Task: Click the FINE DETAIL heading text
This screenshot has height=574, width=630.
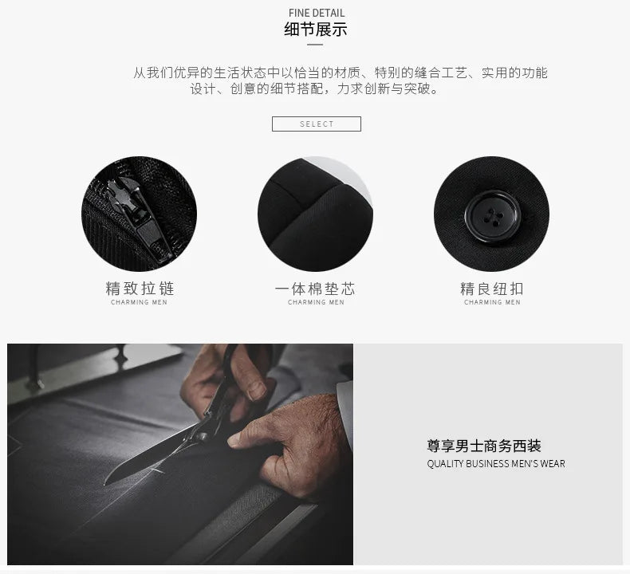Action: (x=317, y=13)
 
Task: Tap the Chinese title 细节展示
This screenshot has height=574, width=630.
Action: (x=316, y=29)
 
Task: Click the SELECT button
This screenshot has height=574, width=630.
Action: (x=317, y=124)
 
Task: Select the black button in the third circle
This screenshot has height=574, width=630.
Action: (x=492, y=217)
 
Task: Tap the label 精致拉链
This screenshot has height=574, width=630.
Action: (x=140, y=289)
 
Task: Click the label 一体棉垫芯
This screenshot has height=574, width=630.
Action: (x=316, y=289)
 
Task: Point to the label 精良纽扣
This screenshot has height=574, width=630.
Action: (x=492, y=289)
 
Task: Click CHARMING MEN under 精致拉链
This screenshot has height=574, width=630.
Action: (x=139, y=302)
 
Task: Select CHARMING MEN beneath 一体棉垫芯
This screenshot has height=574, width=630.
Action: (x=317, y=302)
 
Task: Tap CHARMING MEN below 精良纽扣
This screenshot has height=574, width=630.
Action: (x=492, y=302)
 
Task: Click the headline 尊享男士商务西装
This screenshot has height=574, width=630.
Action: (x=484, y=446)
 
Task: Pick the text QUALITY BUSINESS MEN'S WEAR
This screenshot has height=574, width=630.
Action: (x=496, y=463)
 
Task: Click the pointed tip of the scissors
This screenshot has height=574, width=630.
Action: (x=105, y=483)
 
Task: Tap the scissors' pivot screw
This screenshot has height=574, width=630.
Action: (x=200, y=435)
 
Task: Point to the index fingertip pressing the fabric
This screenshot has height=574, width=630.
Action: (x=233, y=442)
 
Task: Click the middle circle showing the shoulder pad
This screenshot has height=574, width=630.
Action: (x=315, y=214)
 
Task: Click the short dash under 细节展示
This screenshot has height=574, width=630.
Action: (x=315, y=45)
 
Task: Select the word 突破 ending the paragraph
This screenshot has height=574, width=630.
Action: (x=416, y=88)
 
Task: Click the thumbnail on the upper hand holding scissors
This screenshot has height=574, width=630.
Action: (x=256, y=391)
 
